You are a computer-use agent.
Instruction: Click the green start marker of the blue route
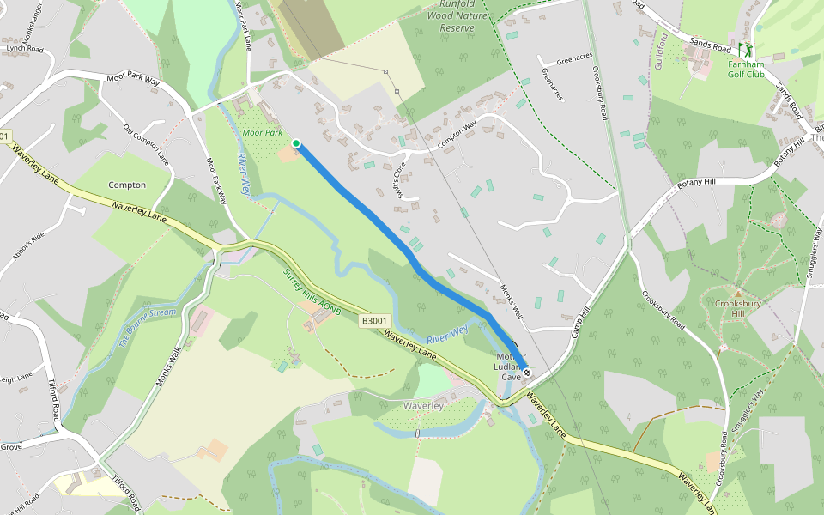point(296,143)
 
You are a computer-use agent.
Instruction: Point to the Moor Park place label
point(262,133)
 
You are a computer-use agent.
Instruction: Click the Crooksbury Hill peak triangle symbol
point(736,293)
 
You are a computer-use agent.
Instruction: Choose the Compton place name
point(127,185)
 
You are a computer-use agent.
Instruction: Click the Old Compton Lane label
point(143,142)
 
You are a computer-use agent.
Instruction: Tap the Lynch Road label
point(25,49)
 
